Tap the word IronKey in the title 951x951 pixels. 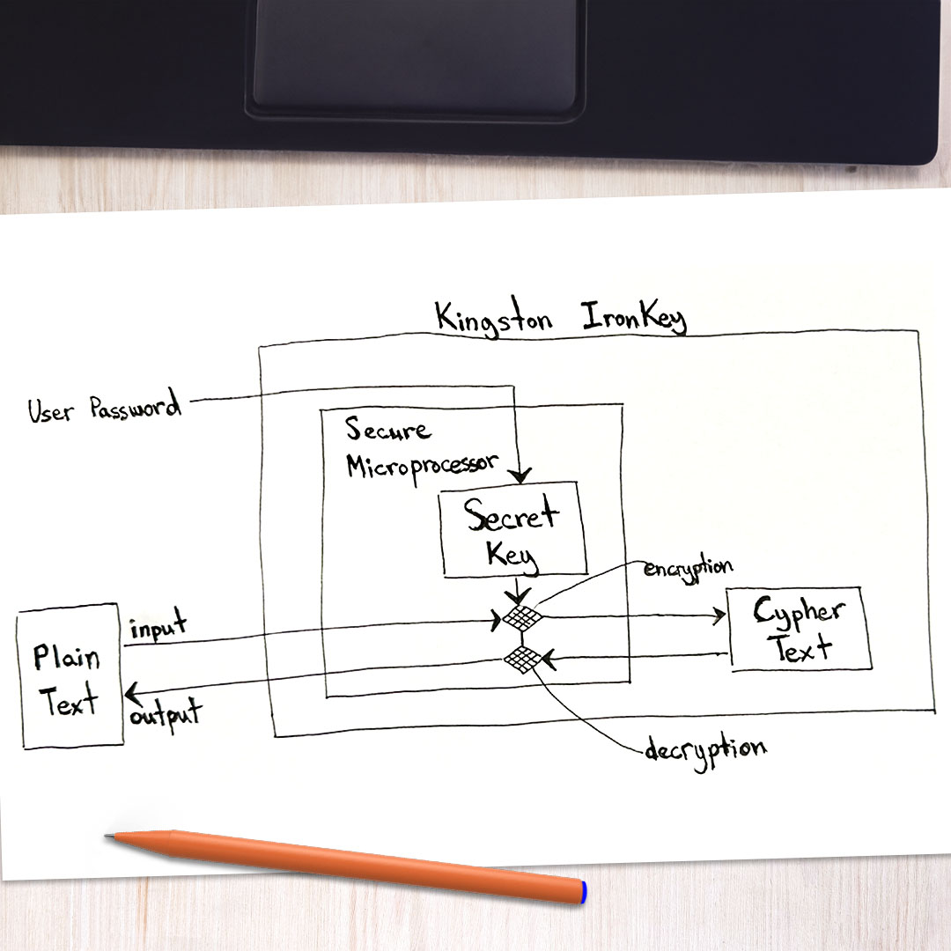coord(633,319)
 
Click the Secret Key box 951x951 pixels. coord(512,530)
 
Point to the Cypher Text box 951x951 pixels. coord(798,629)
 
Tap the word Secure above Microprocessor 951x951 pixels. coord(387,429)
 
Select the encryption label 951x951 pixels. coord(688,566)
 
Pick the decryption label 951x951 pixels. coord(704,751)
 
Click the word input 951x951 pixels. coord(158,627)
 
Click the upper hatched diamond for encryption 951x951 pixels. coord(521,617)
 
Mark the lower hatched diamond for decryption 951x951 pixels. coord(522,658)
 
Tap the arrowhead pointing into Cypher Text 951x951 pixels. coord(719,616)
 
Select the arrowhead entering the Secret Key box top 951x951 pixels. coord(521,476)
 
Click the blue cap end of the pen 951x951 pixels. coord(582,891)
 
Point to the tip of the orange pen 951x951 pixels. coord(108,837)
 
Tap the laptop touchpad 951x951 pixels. coord(417,53)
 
